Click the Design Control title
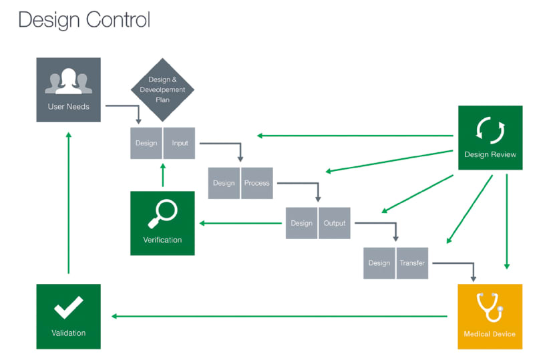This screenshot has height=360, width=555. (x=84, y=20)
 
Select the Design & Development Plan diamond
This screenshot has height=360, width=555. (x=162, y=90)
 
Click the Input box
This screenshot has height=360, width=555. (x=180, y=143)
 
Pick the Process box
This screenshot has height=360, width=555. (x=257, y=183)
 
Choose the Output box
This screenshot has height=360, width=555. (x=335, y=223)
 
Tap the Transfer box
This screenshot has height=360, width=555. (x=412, y=263)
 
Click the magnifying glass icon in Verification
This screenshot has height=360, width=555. (x=162, y=214)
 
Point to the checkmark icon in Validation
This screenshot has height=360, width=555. (x=69, y=307)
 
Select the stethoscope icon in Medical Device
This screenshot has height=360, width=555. (x=490, y=307)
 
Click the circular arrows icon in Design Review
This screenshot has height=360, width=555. (x=490, y=130)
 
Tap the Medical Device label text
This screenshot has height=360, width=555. (x=490, y=334)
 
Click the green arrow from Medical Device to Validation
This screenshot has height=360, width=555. (x=279, y=316)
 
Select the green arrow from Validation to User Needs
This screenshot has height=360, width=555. (x=69, y=203)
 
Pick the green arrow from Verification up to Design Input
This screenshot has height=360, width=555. (x=163, y=175)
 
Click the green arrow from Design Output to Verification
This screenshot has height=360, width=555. (x=240, y=223)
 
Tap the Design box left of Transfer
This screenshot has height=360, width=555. (x=379, y=263)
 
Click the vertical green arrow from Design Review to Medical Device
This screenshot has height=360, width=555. (x=507, y=222)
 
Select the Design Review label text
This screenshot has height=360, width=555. (x=490, y=154)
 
